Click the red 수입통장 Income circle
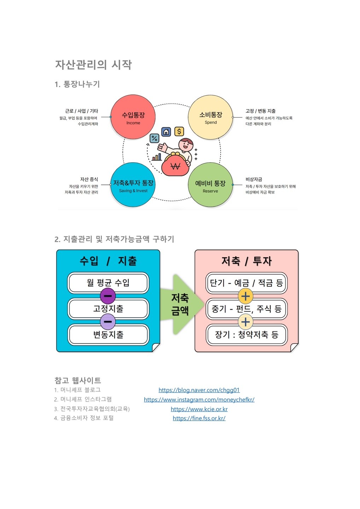[x=133, y=117]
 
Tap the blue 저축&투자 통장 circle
[x=133, y=185]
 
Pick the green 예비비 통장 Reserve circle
[x=210, y=185]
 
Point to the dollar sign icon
[x=179, y=131]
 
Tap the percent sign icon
[x=154, y=138]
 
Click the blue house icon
[x=166, y=132]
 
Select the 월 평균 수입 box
[x=108, y=283]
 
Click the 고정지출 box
[x=108, y=309]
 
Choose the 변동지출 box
[x=108, y=334]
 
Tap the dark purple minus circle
[x=108, y=296]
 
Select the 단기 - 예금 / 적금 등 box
[x=246, y=283]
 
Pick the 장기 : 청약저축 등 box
[x=246, y=334]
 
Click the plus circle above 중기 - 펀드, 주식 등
[x=245, y=296]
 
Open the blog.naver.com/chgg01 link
[x=199, y=390]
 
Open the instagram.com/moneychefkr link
[x=199, y=399]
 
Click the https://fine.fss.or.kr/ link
[x=199, y=418]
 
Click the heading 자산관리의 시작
[x=93, y=65]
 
